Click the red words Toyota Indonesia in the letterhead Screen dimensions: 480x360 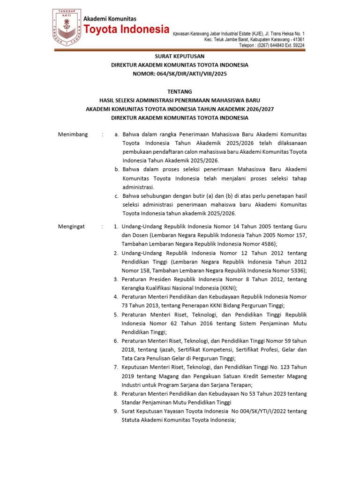[126, 30]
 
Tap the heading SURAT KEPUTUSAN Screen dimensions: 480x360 [180, 56]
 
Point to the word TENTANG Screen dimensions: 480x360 [180, 91]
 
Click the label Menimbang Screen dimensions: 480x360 [73, 135]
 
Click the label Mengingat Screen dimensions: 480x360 [71, 226]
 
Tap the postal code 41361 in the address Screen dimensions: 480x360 [297, 39]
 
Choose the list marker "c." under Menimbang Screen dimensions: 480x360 [117, 195]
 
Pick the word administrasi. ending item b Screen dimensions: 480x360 [138, 187]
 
